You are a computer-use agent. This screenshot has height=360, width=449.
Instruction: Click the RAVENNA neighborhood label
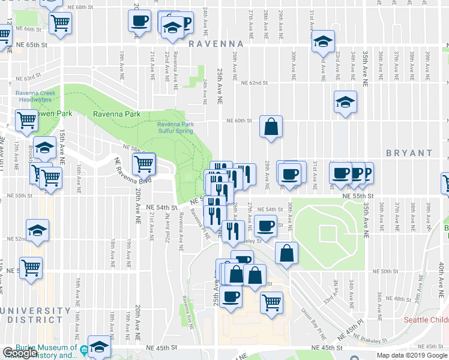[x=215, y=44]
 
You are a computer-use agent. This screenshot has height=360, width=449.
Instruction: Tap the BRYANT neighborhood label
[x=409, y=154]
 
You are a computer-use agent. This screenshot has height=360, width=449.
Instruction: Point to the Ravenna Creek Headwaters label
[x=35, y=96]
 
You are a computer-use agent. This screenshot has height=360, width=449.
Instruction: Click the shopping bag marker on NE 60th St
[x=271, y=127]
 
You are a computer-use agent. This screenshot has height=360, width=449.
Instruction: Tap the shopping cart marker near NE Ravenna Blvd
[x=144, y=163]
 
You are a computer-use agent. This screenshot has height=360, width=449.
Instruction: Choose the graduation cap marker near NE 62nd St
[x=346, y=101]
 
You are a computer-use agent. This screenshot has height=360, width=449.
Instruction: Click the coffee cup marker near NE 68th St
[x=139, y=21]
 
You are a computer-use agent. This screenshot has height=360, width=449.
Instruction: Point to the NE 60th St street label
[x=238, y=121]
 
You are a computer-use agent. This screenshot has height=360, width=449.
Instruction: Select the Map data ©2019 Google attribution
[x=412, y=355]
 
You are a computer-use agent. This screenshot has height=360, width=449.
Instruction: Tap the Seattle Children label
[x=426, y=320]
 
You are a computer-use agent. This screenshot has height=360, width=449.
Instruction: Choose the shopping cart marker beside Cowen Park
[x=26, y=121]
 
